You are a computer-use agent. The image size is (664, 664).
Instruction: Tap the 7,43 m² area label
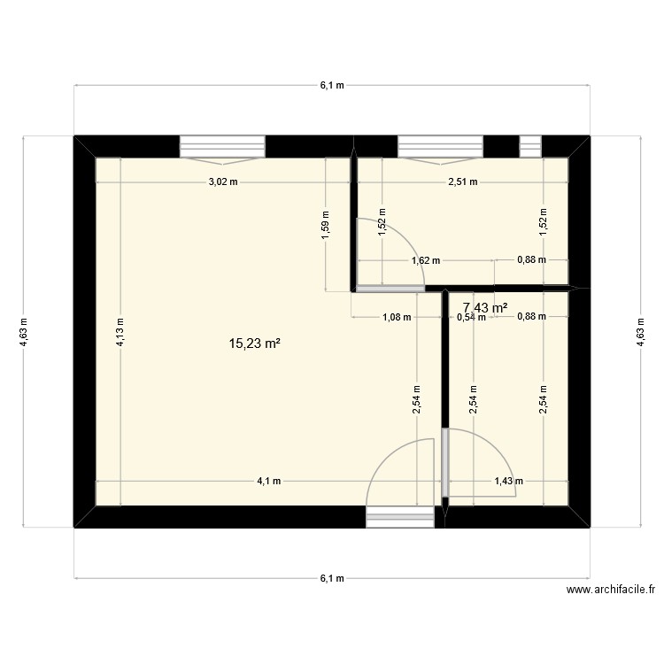pos(485,307)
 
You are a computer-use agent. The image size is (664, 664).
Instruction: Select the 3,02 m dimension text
pos(222,182)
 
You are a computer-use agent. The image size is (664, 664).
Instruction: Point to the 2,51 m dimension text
pos(462,182)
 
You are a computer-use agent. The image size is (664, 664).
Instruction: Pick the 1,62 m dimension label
pos(426,261)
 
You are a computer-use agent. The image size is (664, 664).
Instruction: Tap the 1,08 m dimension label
pos(396,317)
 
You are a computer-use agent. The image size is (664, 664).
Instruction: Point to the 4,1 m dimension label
pos(269,482)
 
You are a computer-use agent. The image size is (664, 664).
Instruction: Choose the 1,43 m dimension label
pos(508,482)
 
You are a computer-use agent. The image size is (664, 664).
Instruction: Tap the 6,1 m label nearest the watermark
pos(331,579)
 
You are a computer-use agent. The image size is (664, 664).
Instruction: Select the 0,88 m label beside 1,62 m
pos(531,261)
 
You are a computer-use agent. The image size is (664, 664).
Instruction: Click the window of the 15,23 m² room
pos(222,146)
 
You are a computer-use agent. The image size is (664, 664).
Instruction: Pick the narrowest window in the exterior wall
pos(529,145)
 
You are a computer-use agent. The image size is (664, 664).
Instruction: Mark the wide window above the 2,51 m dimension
pos(440,146)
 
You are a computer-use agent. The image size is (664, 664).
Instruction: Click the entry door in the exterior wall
pos(400,516)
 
